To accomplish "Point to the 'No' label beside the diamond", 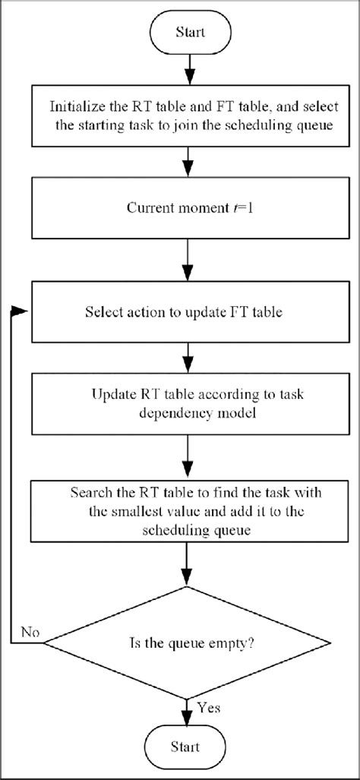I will point(30,633).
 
